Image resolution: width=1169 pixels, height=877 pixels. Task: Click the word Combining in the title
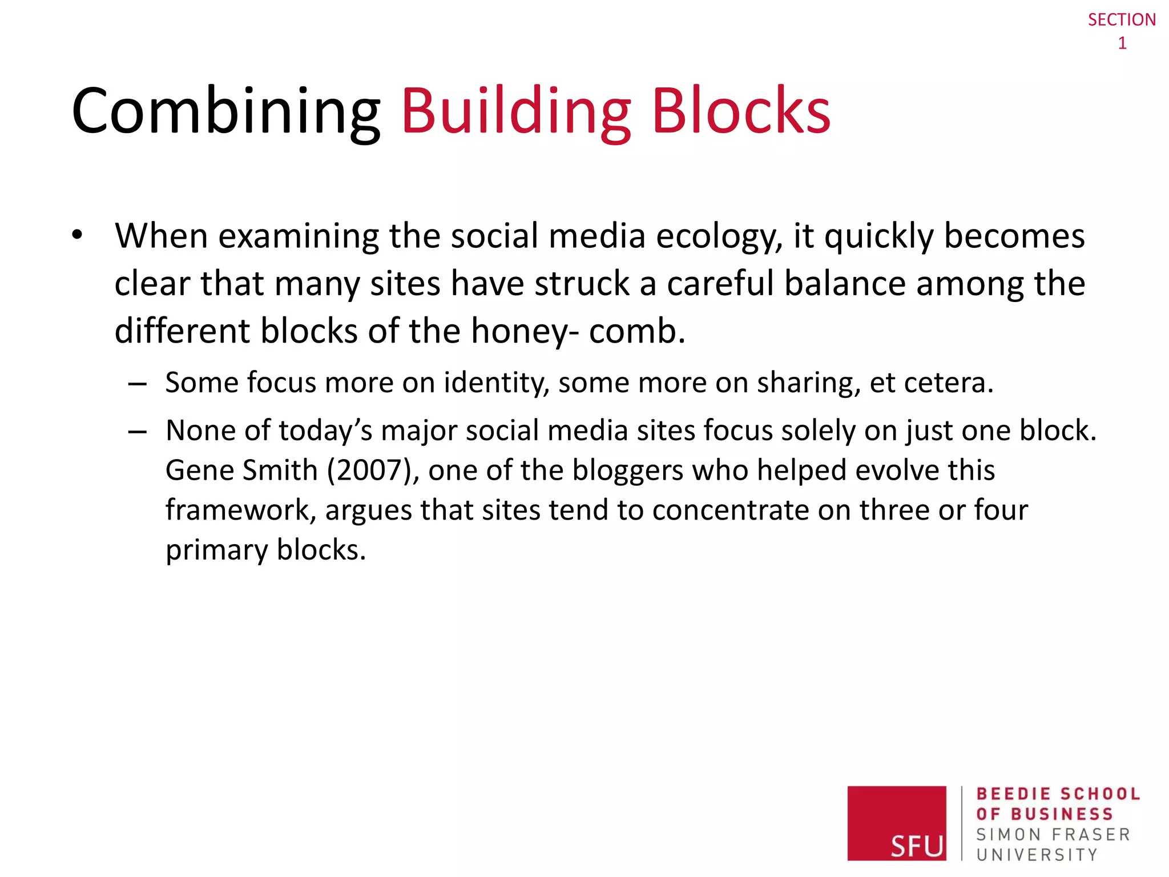[x=225, y=111]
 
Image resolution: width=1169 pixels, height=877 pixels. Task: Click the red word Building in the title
[x=516, y=111]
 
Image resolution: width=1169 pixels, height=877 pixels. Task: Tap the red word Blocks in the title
[x=741, y=111]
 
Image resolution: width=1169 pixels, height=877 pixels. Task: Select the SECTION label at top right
[x=1121, y=20]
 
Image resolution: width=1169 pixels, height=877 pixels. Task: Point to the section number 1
[x=1122, y=43]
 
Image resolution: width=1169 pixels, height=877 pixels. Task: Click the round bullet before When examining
[x=78, y=235]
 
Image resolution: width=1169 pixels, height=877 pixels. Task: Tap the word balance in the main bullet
[x=845, y=284]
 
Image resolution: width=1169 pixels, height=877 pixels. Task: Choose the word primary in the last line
[x=217, y=550]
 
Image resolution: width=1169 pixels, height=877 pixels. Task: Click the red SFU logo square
[x=896, y=823]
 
